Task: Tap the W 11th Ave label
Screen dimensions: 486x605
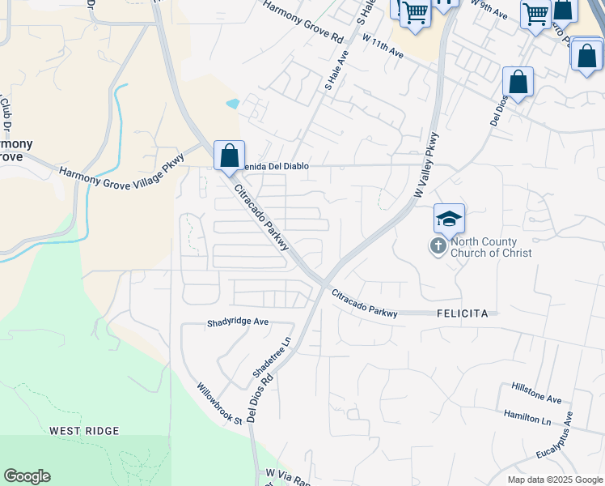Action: [383, 45]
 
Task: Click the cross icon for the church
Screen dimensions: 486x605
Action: [438, 245]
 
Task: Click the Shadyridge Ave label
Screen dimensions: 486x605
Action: [238, 322]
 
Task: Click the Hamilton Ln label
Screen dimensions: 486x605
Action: [527, 418]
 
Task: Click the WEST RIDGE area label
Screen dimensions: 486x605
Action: [84, 431]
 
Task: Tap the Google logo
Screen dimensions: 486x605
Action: [27, 476]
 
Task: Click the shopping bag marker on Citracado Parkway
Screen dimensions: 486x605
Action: [230, 154]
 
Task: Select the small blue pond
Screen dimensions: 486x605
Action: [233, 104]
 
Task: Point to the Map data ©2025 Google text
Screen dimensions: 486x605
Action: [554, 480]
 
